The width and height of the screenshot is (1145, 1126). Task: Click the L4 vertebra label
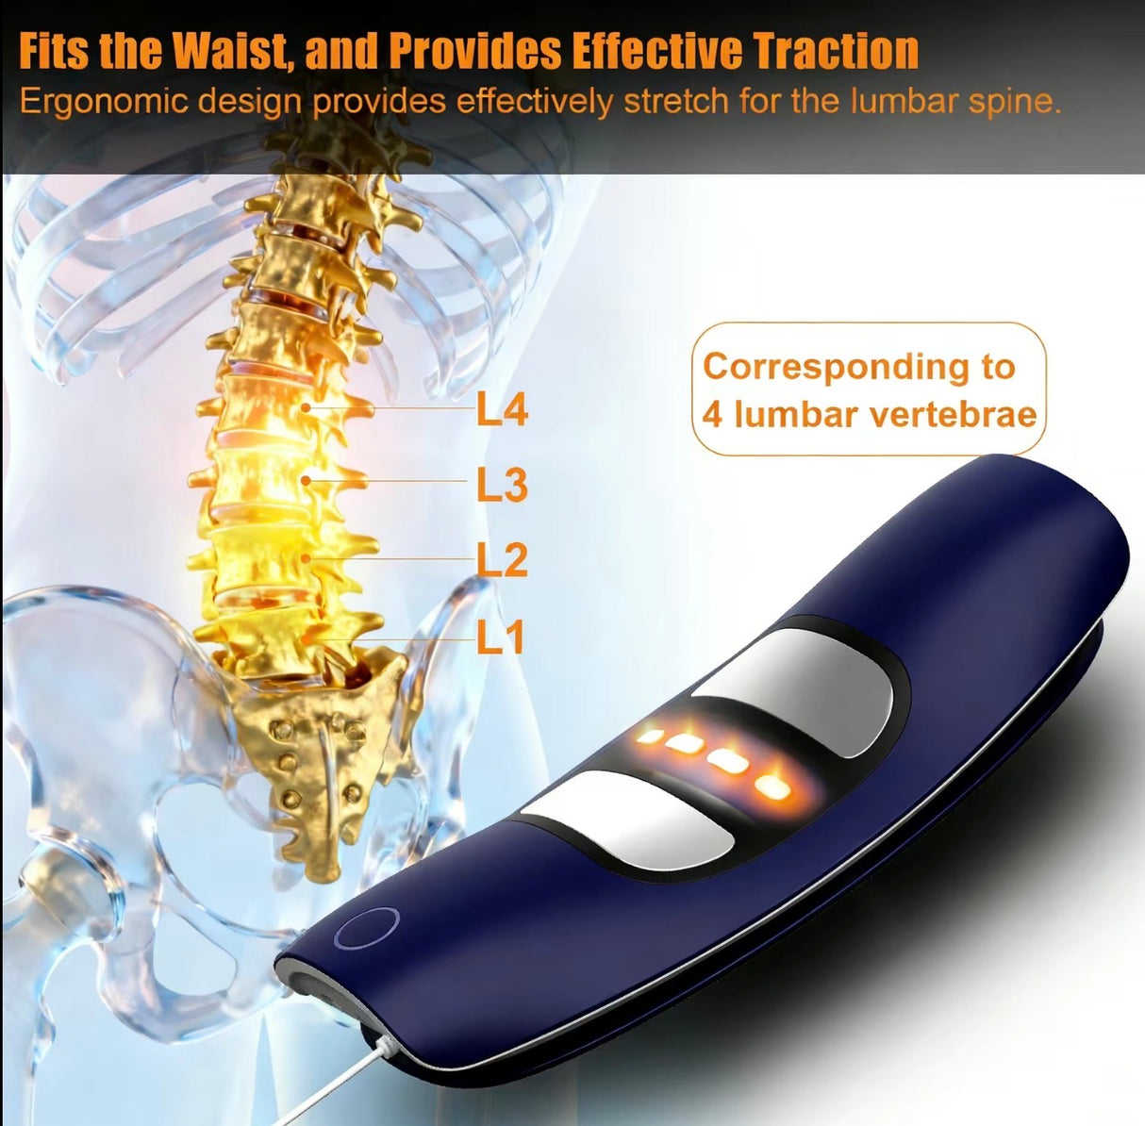[501, 410]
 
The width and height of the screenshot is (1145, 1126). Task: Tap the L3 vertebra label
[501, 486]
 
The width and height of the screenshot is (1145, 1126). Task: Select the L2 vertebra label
[501, 561]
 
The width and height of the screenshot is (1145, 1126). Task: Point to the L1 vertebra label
[500, 638]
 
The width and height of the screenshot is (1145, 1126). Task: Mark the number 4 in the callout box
[712, 415]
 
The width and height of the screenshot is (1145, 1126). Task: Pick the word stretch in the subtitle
[676, 101]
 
